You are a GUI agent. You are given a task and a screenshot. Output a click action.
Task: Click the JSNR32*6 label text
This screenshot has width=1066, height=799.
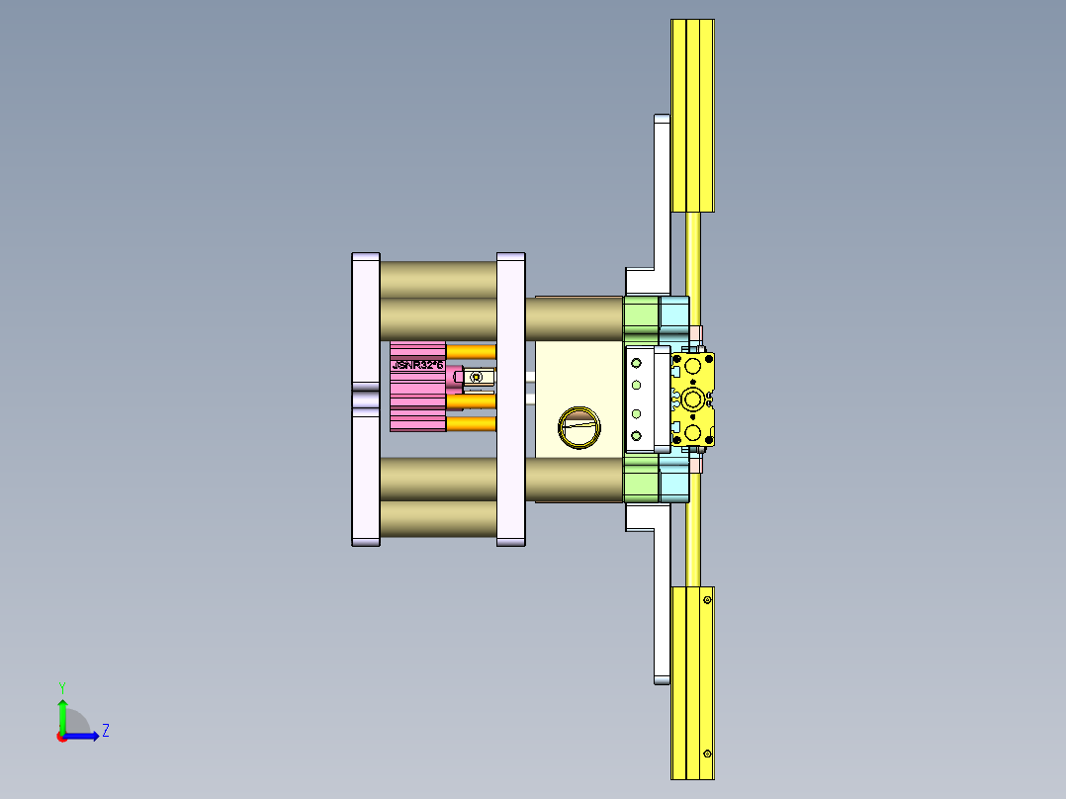[x=416, y=365]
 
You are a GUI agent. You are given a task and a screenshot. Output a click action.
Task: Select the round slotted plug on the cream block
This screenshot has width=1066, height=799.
[x=578, y=427]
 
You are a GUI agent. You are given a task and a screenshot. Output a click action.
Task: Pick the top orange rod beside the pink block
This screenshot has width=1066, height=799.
[x=471, y=351]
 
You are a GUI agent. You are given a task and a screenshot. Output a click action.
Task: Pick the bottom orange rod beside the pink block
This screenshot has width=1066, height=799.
[x=471, y=424]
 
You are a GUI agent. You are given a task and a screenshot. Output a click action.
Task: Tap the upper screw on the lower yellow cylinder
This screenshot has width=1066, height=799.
[x=707, y=600]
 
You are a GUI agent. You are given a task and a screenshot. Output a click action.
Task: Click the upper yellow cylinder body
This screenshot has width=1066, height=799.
[x=692, y=114]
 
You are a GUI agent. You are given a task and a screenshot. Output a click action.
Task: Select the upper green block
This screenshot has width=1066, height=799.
[x=641, y=314]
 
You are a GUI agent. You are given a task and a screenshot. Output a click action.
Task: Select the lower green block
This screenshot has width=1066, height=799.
[x=641, y=483]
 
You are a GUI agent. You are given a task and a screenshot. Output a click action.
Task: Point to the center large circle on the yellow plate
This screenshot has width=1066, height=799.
[x=692, y=399]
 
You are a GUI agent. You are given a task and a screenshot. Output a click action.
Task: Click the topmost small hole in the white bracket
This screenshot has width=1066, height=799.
[x=636, y=363]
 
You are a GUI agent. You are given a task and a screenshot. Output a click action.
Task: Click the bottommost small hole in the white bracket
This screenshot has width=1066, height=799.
[x=636, y=435]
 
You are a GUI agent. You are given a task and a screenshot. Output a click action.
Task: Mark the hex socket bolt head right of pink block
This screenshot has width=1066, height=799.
[x=478, y=377]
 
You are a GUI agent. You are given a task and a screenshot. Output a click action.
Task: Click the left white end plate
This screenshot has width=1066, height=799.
[x=365, y=399]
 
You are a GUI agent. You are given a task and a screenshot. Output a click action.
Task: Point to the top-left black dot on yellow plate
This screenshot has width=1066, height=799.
[x=676, y=360]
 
